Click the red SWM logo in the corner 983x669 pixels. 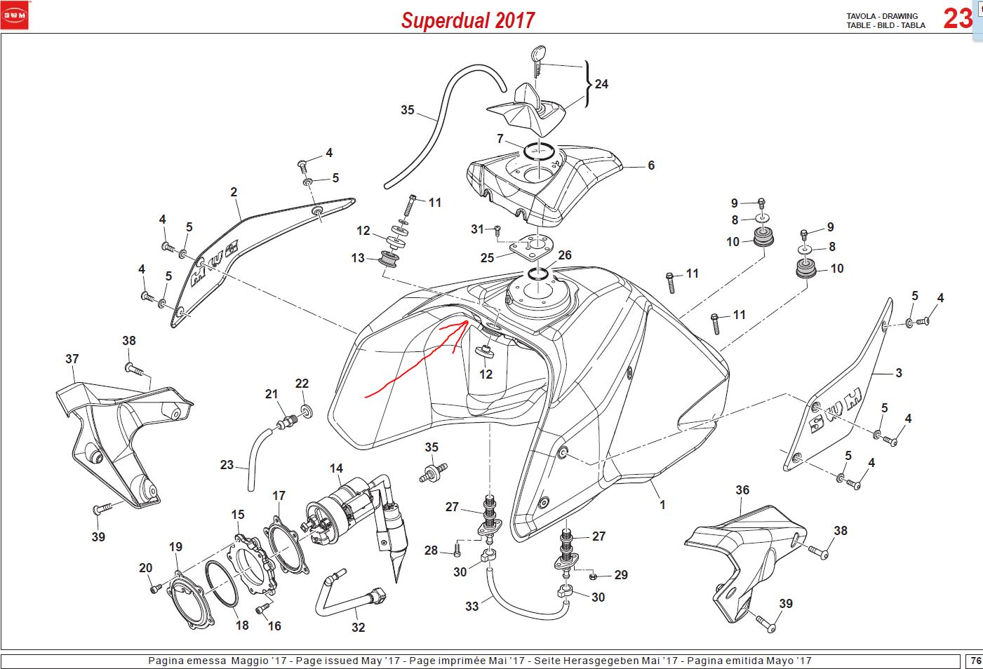(15, 15)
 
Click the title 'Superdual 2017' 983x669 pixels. (468, 20)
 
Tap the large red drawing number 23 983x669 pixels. (958, 19)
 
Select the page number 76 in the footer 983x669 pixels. (976, 661)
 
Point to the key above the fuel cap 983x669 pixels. (538, 59)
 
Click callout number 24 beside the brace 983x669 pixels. (601, 84)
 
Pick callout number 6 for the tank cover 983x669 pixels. (651, 165)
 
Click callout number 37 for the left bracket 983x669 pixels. (72, 359)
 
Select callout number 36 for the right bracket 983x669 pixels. (742, 490)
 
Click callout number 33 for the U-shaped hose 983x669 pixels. (472, 607)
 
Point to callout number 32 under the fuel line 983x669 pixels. (358, 628)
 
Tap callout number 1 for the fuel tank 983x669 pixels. (662, 505)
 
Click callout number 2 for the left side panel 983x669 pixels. (234, 192)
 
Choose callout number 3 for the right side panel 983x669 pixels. (899, 373)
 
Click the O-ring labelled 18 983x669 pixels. (222, 584)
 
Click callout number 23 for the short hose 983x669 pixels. (227, 465)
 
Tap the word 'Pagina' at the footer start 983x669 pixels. (163, 661)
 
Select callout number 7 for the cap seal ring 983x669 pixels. (500, 139)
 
